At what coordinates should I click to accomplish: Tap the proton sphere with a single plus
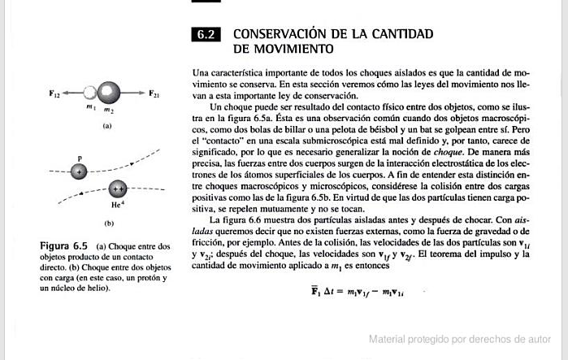coord(79,172)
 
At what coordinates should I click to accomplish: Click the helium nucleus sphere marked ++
coord(119,189)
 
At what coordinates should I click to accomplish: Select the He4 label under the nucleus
coord(116,207)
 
